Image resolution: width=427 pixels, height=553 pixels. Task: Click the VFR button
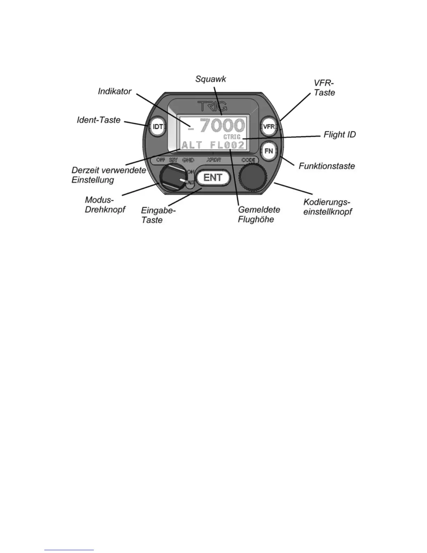(x=269, y=126)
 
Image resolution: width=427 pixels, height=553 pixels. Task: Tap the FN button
(x=269, y=151)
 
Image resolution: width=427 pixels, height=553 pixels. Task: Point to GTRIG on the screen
(x=232, y=137)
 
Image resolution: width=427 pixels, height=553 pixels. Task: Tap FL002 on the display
(x=227, y=145)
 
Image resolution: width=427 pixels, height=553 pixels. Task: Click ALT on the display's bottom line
(x=192, y=145)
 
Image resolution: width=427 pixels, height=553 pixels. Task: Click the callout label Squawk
(x=211, y=79)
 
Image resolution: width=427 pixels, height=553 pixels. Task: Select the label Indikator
(x=114, y=91)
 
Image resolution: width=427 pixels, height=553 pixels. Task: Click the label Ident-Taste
(x=98, y=120)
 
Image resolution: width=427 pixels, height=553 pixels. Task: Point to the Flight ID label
(x=339, y=134)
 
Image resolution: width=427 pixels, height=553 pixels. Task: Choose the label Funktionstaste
(x=327, y=165)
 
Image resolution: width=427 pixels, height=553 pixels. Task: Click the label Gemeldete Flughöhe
(x=259, y=215)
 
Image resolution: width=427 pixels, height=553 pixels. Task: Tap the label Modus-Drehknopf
(x=105, y=205)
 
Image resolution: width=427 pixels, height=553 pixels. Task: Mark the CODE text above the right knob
(x=248, y=160)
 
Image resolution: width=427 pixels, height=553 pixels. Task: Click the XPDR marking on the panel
(x=213, y=160)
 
